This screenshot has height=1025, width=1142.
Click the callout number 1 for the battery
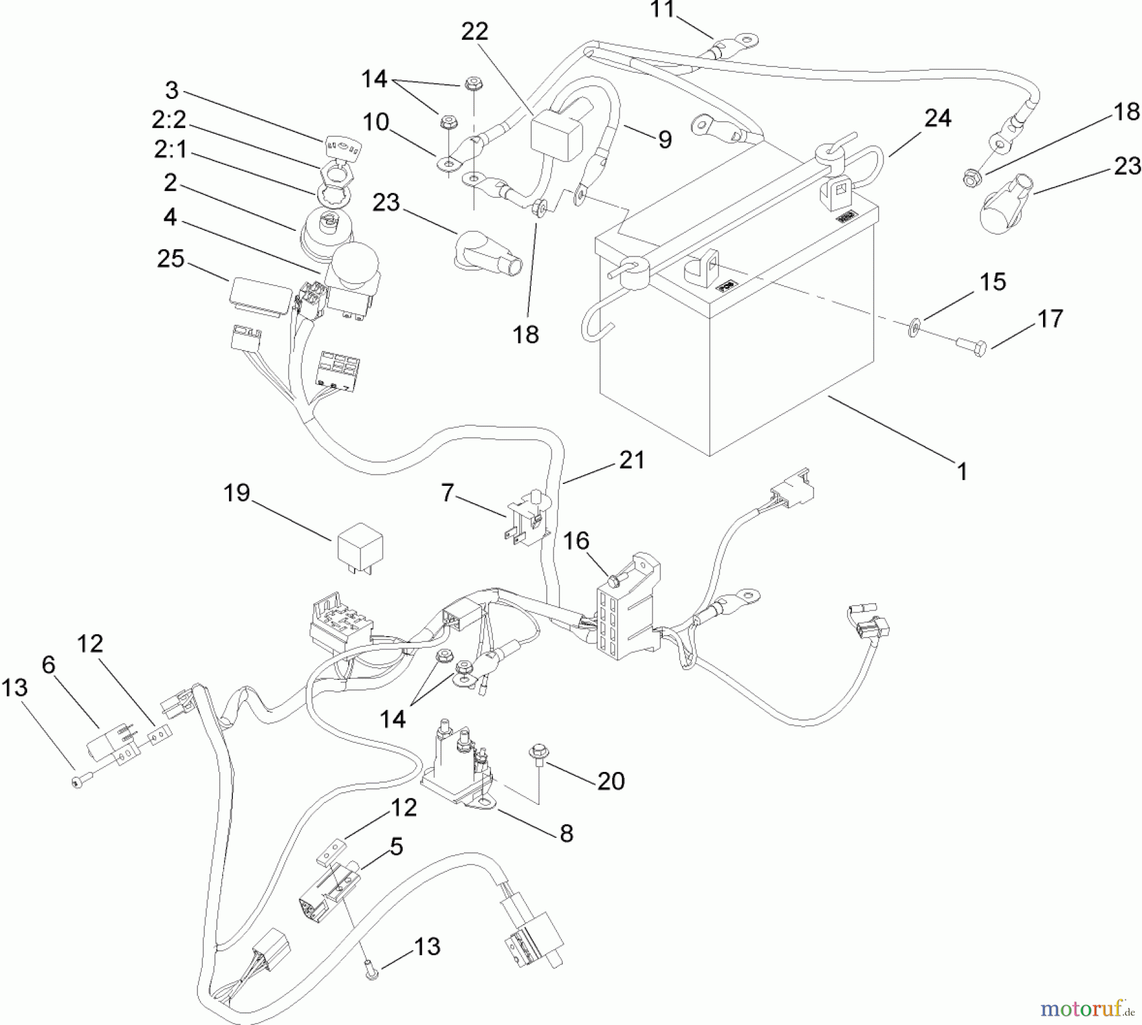click(x=962, y=472)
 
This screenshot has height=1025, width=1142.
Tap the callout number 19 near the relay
click(x=237, y=493)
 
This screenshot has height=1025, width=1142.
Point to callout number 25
click(x=170, y=259)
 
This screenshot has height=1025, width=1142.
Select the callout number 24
click(x=938, y=119)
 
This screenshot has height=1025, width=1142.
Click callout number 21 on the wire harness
click(x=631, y=460)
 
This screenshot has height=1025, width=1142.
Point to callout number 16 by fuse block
click(x=576, y=541)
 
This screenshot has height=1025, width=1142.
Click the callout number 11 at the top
click(x=664, y=10)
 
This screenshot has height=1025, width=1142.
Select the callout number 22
click(x=474, y=31)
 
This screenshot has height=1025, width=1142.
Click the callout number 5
click(x=396, y=847)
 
